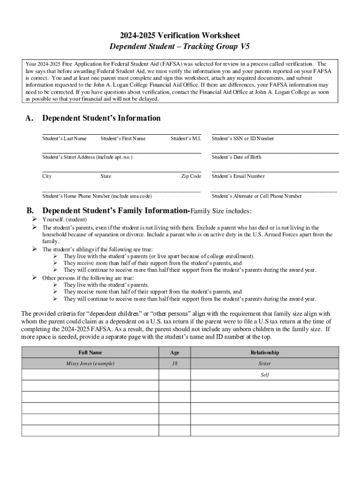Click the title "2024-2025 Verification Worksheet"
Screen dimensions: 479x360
tap(180, 36)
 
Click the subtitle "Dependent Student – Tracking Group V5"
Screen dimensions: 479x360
tap(180, 47)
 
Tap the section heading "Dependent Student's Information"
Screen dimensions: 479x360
tap(101, 118)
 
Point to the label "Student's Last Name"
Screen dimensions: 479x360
tap(65, 138)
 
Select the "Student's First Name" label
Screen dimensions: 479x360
tap(123, 138)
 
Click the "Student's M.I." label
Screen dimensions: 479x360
tap(186, 138)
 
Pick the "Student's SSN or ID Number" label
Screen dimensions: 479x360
tap(243, 138)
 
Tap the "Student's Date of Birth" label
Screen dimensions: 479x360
tap(236, 157)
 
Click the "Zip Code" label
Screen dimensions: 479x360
tap(191, 176)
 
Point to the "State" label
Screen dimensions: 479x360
tap(106, 176)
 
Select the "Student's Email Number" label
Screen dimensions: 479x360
tap(238, 176)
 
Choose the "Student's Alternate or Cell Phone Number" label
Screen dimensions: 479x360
tap(257, 196)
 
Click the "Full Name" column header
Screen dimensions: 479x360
tap(90, 352)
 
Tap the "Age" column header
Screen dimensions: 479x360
tap(174, 352)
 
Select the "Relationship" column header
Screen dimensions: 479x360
tap(265, 352)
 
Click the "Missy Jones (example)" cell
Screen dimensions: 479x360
tap(90, 363)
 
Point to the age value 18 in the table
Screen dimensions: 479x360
tap(174, 363)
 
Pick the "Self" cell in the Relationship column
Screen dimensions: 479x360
tap(265, 375)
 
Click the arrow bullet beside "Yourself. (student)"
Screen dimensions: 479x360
tap(34, 219)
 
